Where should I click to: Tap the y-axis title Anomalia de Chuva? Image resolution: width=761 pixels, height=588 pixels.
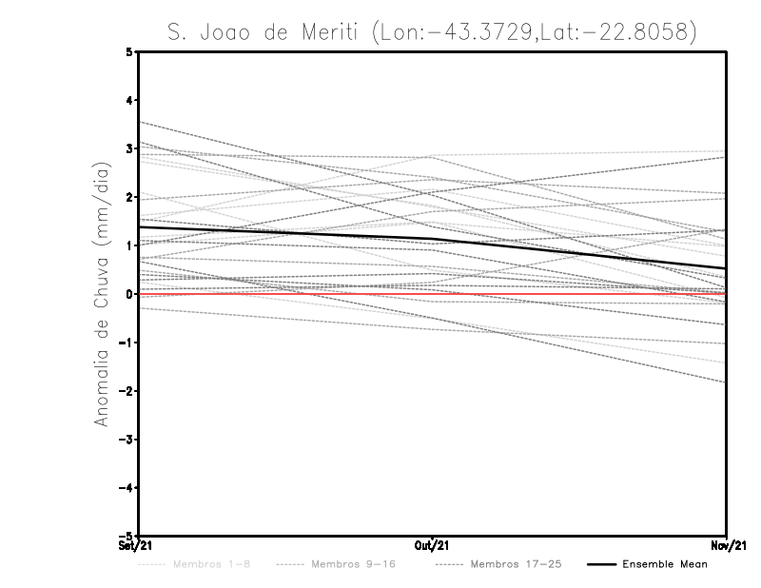point(101,292)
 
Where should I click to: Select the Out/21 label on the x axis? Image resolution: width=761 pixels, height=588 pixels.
point(432,546)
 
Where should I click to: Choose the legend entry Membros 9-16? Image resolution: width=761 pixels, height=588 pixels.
point(353,564)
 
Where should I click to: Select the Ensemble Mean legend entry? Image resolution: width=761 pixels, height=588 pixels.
point(664,564)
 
